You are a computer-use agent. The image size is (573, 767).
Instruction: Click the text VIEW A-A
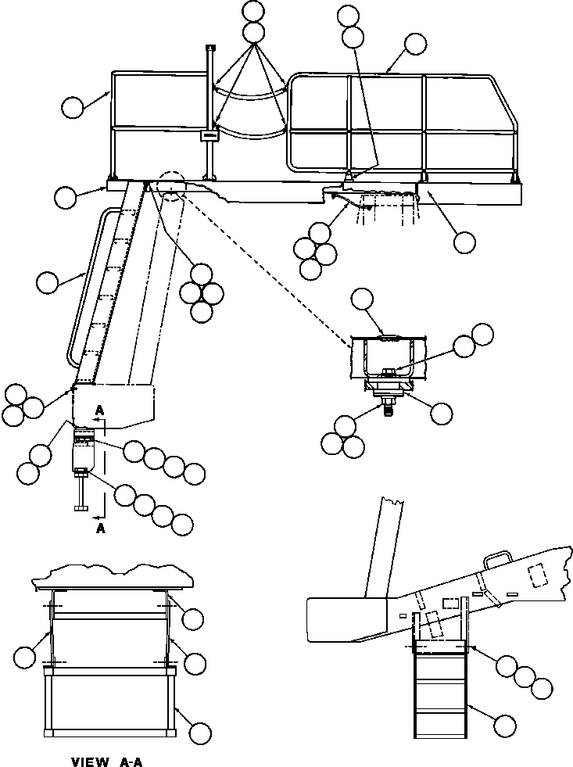click(x=107, y=761)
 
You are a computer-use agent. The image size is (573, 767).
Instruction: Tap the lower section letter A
click(x=99, y=528)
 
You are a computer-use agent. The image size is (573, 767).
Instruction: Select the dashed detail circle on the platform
click(x=170, y=181)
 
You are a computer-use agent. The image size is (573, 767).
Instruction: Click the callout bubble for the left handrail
click(x=73, y=107)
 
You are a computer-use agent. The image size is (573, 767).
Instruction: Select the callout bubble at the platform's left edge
click(x=66, y=199)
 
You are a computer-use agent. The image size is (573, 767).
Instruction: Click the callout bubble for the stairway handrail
click(x=48, y=281)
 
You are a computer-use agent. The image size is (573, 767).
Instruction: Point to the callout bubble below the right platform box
click(x=464, y=242)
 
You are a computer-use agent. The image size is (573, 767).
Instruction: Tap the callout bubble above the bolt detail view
click(x=362, y=298)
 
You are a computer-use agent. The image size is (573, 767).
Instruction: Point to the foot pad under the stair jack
click(x=82, y=508)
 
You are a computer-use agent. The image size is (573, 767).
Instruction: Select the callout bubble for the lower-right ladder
click(x=506, y=725)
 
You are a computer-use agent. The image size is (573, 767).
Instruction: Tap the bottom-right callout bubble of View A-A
click(x=201, y=733)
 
